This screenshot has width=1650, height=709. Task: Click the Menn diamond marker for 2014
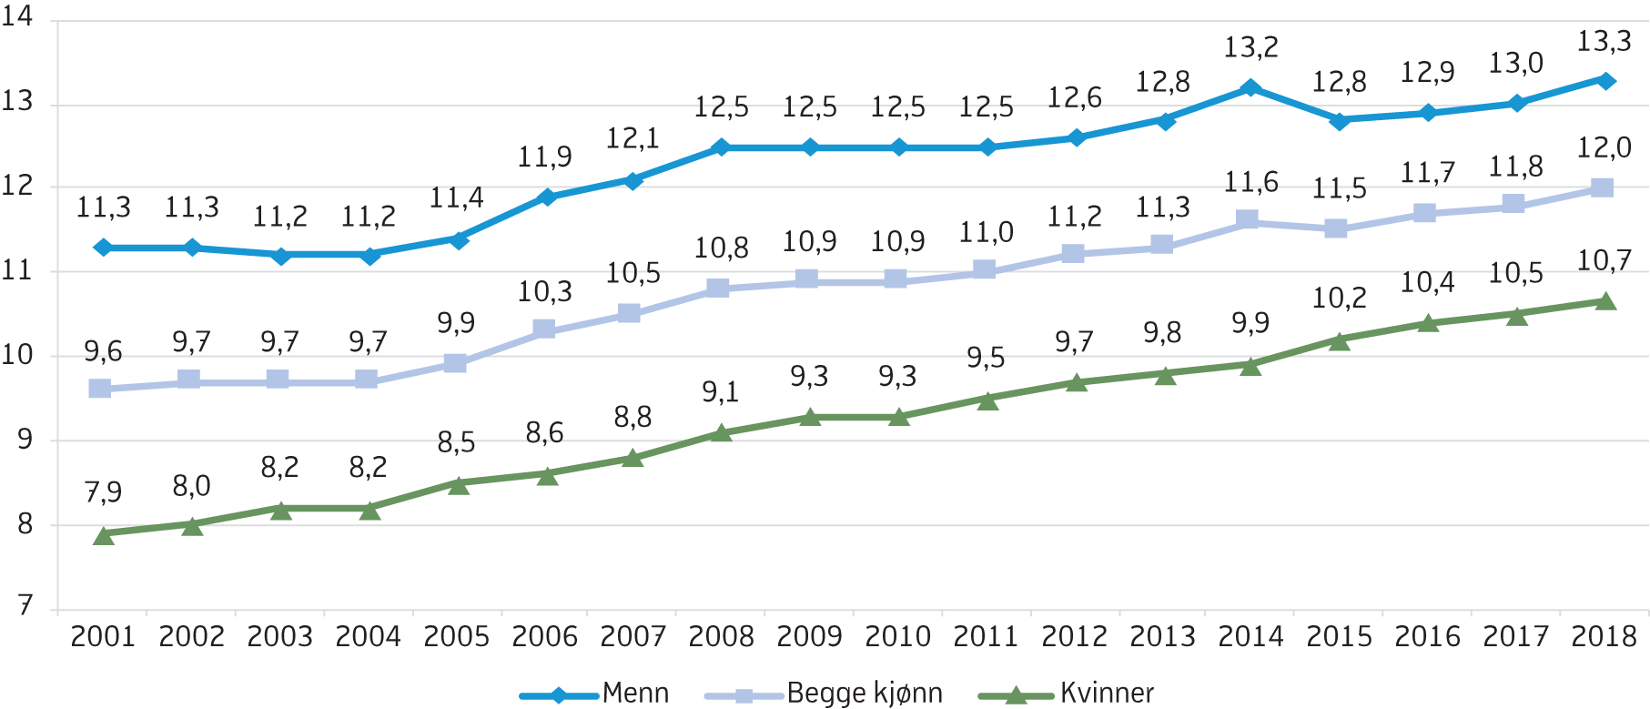pos(1250,88)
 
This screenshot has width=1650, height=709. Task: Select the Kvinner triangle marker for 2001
pos(103,535)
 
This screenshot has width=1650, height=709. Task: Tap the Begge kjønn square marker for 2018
pos(1602,187)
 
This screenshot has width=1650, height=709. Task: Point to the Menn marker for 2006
pos(546,197)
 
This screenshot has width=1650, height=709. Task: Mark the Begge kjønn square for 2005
pos(455,364)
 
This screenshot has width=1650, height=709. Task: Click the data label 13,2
pos(1250,47)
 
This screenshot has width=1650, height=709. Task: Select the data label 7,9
pos(103,492)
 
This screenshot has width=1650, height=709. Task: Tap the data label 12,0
pos(1604,147)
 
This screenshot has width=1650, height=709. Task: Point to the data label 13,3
pos(1604,42)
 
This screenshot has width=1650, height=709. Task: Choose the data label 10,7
pos(1604,261)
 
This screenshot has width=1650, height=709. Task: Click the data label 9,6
pos(103,351)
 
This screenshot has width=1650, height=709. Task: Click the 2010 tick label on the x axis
pos(897,636)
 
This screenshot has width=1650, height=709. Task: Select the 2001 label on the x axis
pos(103,636)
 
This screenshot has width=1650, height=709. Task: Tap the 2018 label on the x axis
pos(1604,636)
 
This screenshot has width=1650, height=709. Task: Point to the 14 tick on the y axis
pos(17,17)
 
